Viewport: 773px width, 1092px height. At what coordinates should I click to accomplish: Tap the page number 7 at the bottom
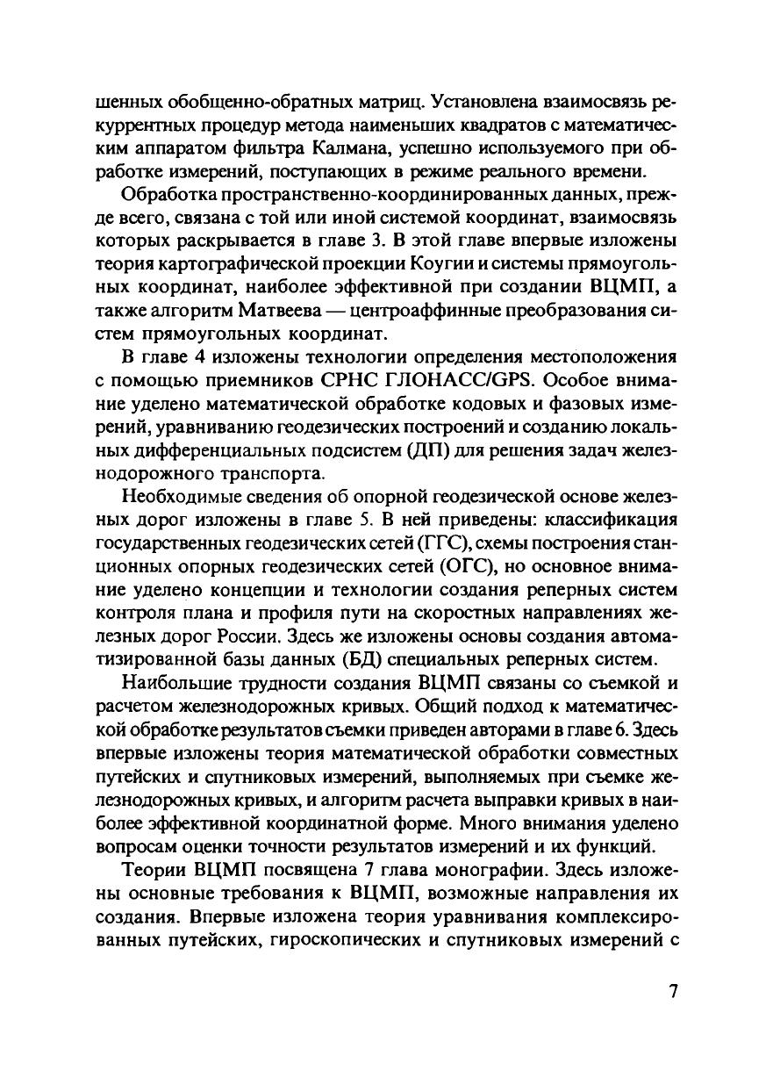coord(673,992)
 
